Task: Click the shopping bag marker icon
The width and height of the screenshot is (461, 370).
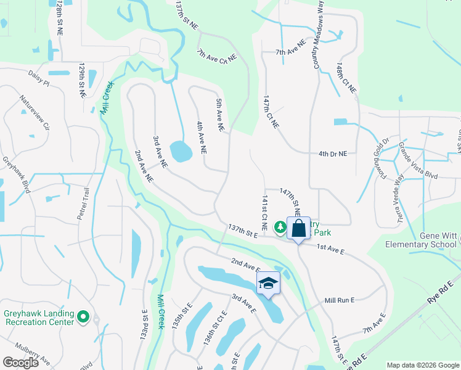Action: [298, 228]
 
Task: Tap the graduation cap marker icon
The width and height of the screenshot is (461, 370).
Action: [268, 284]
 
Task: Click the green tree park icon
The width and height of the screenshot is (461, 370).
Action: [280, 228]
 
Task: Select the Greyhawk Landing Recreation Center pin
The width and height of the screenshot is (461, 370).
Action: [84, 319]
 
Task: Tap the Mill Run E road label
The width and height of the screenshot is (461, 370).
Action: [340, 300]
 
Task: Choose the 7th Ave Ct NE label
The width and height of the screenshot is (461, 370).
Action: [217, 55]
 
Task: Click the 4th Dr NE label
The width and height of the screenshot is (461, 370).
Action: [333, 154]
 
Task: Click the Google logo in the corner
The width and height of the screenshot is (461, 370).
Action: [20, 363]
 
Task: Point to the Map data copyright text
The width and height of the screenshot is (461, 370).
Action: [422, 365]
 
